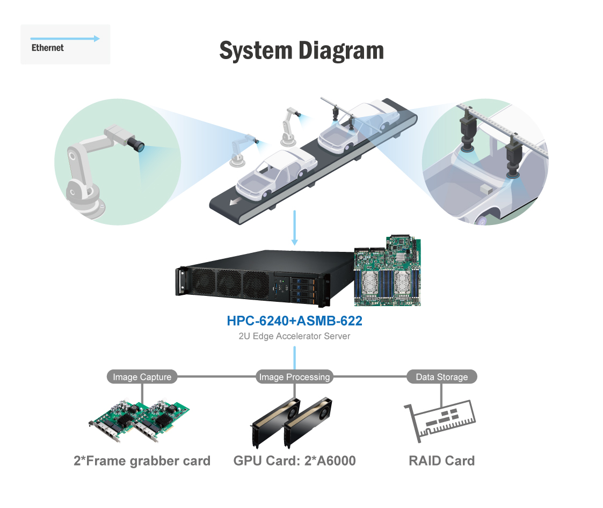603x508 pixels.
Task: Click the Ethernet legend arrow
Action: click(x=65, y=39)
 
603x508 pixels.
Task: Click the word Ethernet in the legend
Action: click(x=47, y=48)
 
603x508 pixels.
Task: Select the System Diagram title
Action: click(x=301, y=50)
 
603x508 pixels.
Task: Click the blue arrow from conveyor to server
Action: click(x=294, y=228)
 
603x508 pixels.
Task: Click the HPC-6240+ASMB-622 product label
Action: click(x=294, y=321)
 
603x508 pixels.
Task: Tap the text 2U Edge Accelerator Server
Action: click(x=294, y=336)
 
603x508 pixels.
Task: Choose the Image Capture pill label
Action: click(x=142, y=377)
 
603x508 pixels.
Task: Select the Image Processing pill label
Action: click(x=294, y=377)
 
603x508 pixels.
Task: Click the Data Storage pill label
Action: click(x=441, y=377)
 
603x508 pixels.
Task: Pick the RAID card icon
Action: click(x=440, y=420)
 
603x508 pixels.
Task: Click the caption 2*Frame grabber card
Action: click(x=142, y=461)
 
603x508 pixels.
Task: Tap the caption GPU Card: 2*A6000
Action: click(x=294, y=461)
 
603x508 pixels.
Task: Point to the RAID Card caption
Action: click(x=441, y=461)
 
